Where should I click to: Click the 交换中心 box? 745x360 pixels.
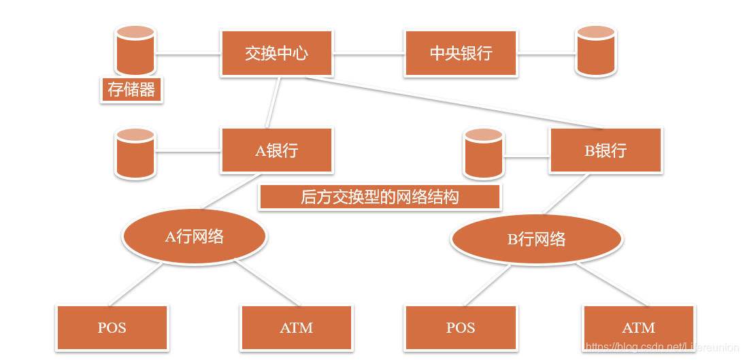click(276, 53)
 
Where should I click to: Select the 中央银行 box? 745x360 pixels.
click(461, 53)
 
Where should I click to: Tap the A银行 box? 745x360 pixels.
click(276, 150)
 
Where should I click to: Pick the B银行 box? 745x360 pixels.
click(606, 150)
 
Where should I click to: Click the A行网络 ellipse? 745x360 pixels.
click(195, 236)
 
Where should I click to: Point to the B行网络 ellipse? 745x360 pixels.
click(536, 239)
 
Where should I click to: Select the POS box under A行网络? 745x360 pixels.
click(112, 328)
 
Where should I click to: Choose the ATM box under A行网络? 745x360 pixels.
click(296, 328)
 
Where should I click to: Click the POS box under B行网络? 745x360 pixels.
click(461, 328)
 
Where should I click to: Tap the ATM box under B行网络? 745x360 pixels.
click(638, 328)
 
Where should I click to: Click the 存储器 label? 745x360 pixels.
click(131, 90)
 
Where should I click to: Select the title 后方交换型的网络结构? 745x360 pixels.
click(380, 197)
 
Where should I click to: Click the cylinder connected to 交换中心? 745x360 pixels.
click(135, 50)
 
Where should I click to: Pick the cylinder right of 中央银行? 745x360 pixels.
click(595, 50)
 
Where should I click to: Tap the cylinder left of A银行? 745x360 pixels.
click(135, 153)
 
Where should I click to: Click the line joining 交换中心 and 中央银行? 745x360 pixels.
click(368, 53)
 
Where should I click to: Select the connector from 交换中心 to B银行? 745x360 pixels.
click(456, 103)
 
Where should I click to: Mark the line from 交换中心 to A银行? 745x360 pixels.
click(273, 101)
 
